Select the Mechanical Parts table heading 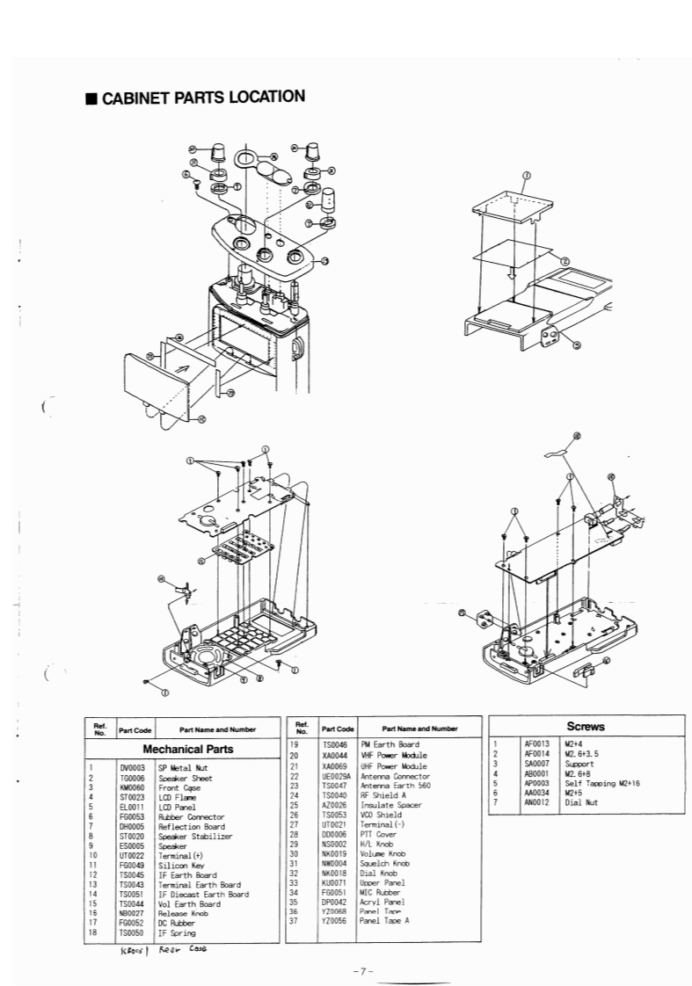188,750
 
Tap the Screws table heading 586,728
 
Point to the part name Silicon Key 180,865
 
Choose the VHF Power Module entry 394,755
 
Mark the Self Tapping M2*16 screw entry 599,783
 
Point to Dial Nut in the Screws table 580,802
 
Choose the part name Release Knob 183,913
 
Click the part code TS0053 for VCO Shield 336,815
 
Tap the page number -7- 363,970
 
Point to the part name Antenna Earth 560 392,786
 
